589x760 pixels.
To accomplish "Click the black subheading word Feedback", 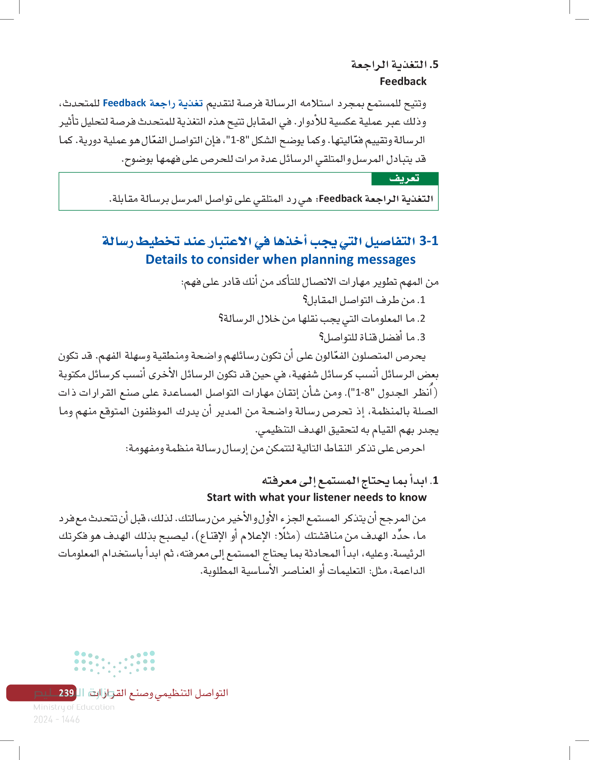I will [403, 81].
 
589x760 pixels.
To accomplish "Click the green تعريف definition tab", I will [404, 179].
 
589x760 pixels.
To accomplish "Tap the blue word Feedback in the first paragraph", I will [124, 103].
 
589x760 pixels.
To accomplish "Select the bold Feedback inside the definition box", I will [340, 199].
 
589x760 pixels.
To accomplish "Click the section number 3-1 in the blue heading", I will [428, 241].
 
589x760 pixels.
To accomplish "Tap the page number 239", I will [66, 693].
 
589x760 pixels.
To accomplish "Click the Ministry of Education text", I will [74, 707].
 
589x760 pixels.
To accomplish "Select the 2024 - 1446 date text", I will [56, 719].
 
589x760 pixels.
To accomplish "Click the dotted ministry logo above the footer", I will [114, 664].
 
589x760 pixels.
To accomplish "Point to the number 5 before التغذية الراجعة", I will [435, 65].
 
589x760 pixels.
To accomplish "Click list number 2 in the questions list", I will [422, 319].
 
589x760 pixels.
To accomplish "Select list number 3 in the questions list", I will [422, 337].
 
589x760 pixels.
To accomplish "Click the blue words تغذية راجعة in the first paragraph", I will [176, 103].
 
